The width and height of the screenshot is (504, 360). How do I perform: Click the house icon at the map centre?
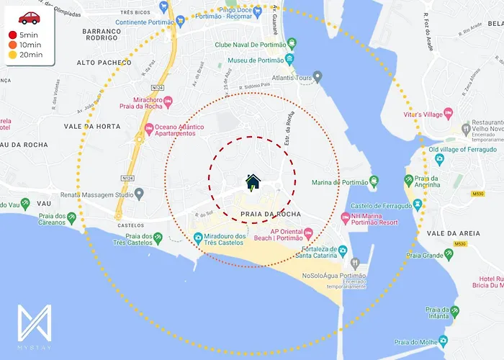click(253, 181)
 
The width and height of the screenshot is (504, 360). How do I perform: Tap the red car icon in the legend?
click(30, 18)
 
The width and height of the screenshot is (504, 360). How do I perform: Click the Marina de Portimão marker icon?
click(374, 181)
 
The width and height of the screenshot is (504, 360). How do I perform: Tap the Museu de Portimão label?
click(258, 60)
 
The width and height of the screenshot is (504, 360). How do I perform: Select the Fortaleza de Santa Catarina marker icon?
click(343, 251)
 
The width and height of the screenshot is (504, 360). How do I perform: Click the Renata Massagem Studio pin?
click(139, 193)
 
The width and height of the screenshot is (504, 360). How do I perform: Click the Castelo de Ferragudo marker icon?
click(418, 205)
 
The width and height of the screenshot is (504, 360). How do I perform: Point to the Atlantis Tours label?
click(291, 78)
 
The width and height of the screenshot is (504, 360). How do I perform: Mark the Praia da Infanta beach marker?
click(454, 311)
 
